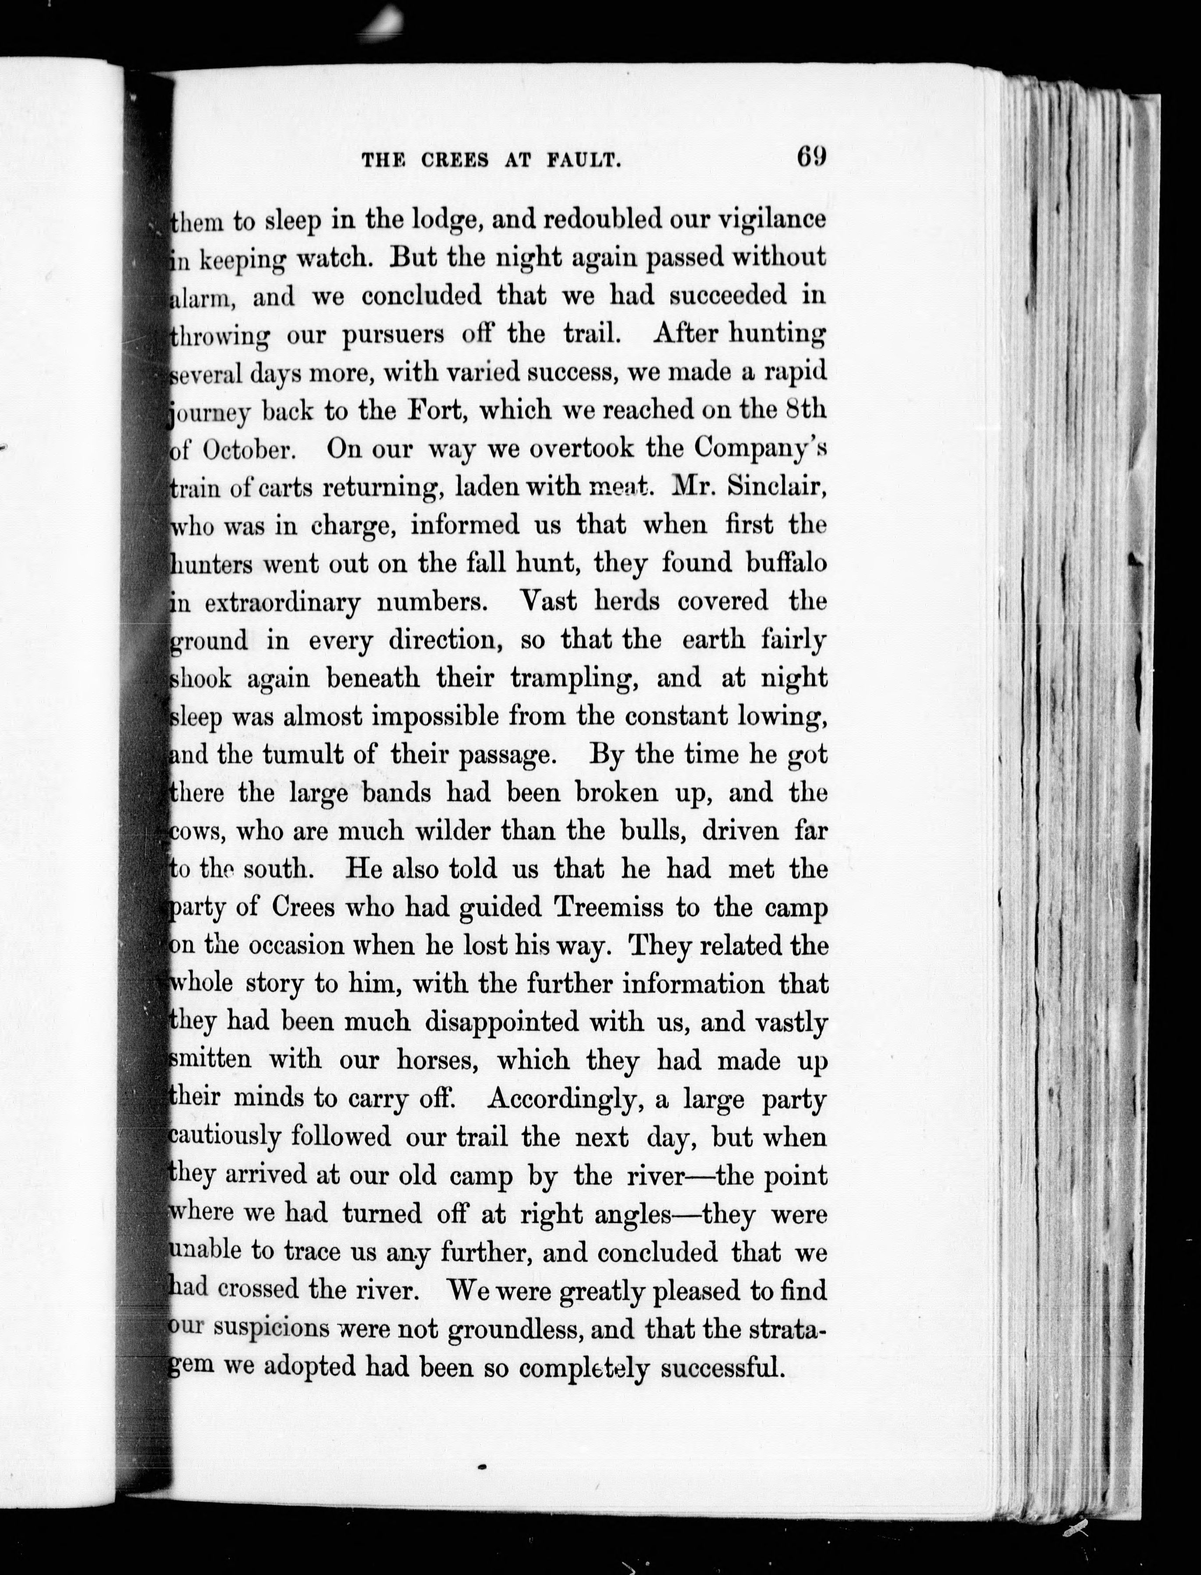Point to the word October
pos(245,450)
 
